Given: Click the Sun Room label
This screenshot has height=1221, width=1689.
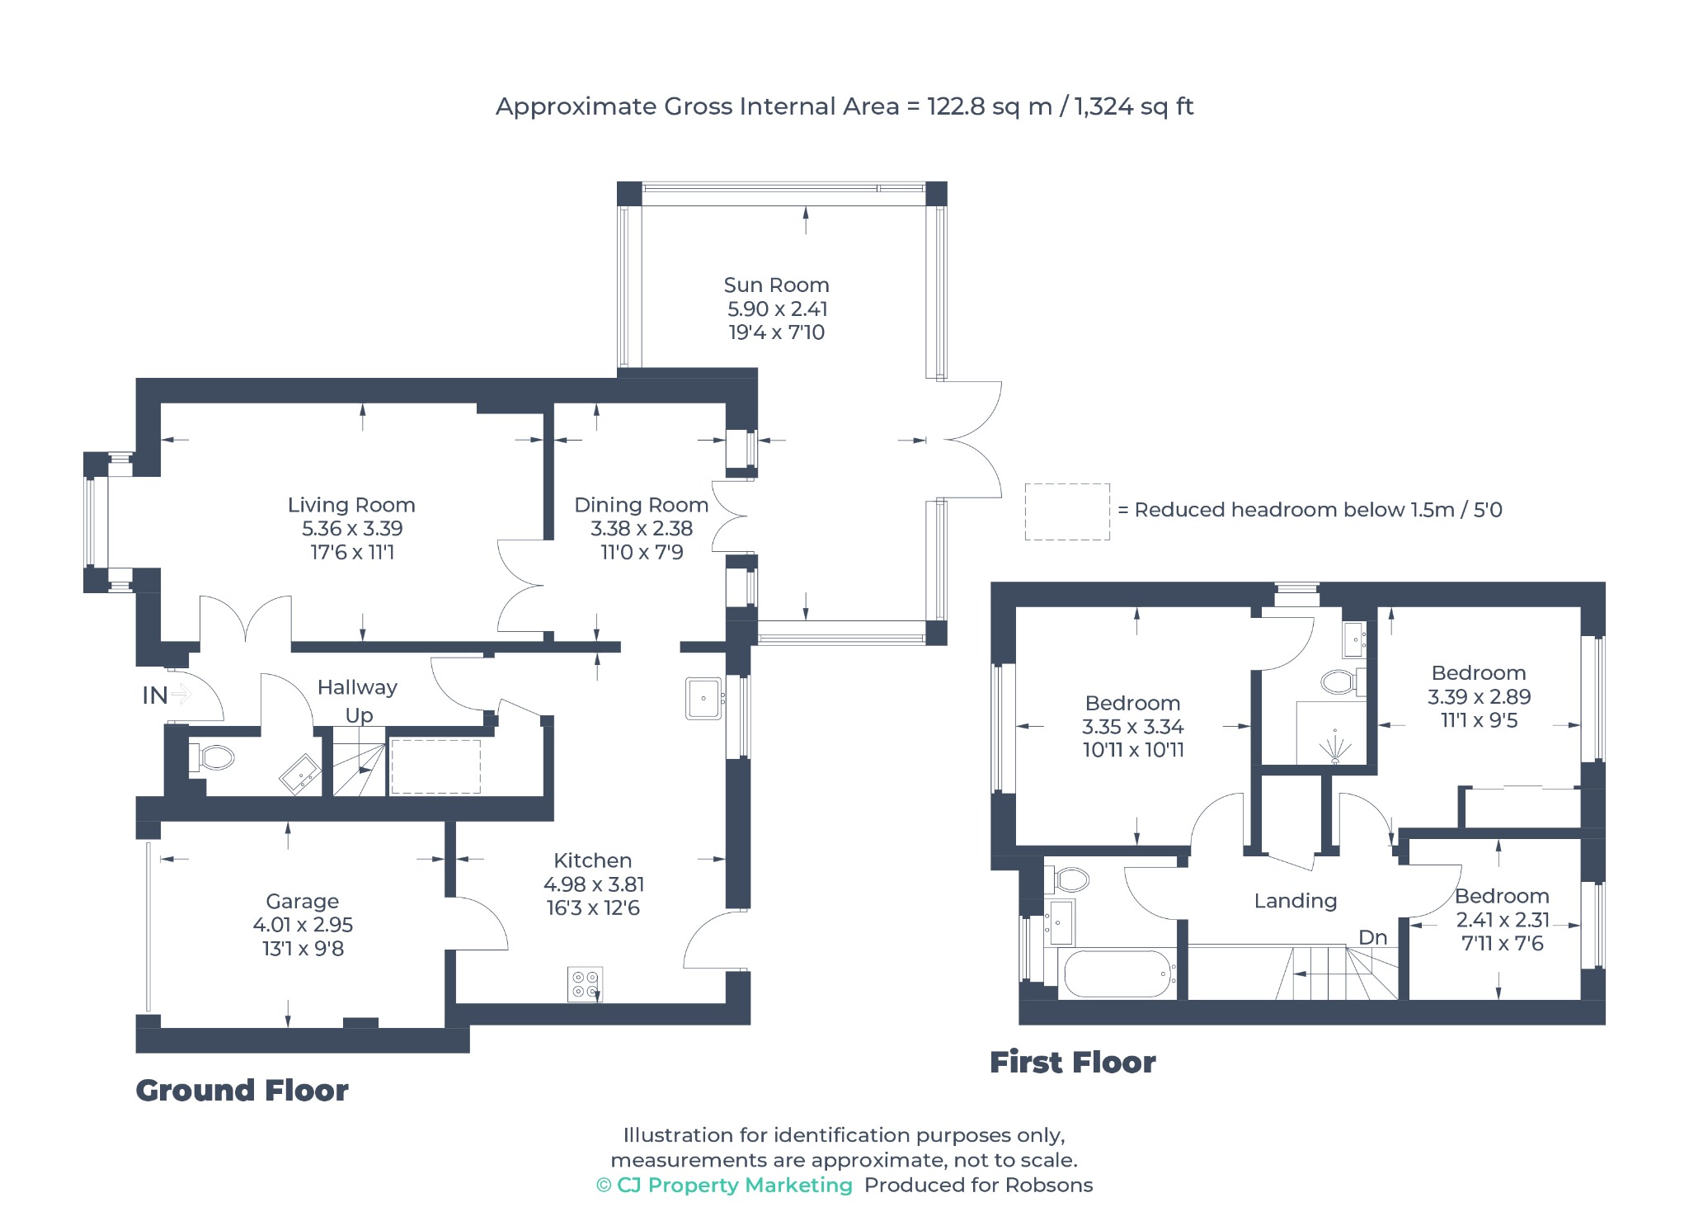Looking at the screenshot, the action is pyautogui.click(x=776, y=285).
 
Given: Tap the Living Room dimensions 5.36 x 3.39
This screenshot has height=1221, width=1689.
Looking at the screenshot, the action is pyautogui.click(x=352, y=529).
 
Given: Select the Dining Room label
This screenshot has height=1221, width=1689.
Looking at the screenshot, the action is pyautogui.click(x=642, y=505).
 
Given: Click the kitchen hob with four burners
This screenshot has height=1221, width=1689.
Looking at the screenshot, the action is pyautogui.click(x=585, y=984).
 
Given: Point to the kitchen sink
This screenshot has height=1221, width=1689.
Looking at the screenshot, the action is pyautogui.click(x=703, y=699).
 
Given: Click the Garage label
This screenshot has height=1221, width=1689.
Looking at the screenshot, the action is pyautogui.click(x=303, y=902).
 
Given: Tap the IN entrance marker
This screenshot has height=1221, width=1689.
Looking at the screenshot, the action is pyautogui.click(x=155, y=695).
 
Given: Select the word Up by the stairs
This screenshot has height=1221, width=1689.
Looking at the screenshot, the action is pyautogui.click(x=360, y=715).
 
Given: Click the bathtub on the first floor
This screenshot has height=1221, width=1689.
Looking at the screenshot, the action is pyautogui.click(x=1117, y=974).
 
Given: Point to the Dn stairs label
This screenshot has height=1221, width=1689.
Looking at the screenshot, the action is pyautogui.click(x=1373, y=937).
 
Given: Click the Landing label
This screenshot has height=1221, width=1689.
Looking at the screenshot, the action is pyautogui.click(x=1296, y=901).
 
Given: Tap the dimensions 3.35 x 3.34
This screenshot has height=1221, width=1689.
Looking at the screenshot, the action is pyautogui.click(x=1133, y=727).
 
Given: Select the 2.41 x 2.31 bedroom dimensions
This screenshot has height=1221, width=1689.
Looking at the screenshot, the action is pyautogui.click(x=1503, y=920).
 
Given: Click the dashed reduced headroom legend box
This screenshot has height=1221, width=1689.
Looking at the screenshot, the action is pyautogui.click(x=1067, y=512).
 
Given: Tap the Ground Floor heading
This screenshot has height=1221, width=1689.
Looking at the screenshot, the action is pyautogui.click(x=242, y=1091).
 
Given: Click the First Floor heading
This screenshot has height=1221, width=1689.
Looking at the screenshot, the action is pyautogui.click(x=1073, y=1063).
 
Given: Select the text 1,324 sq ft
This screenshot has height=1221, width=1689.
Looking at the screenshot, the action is pyautogui.click(x=1134, y=106).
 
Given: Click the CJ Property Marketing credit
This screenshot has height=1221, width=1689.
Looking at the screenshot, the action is pyautogui.click(x=725, y=1186).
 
